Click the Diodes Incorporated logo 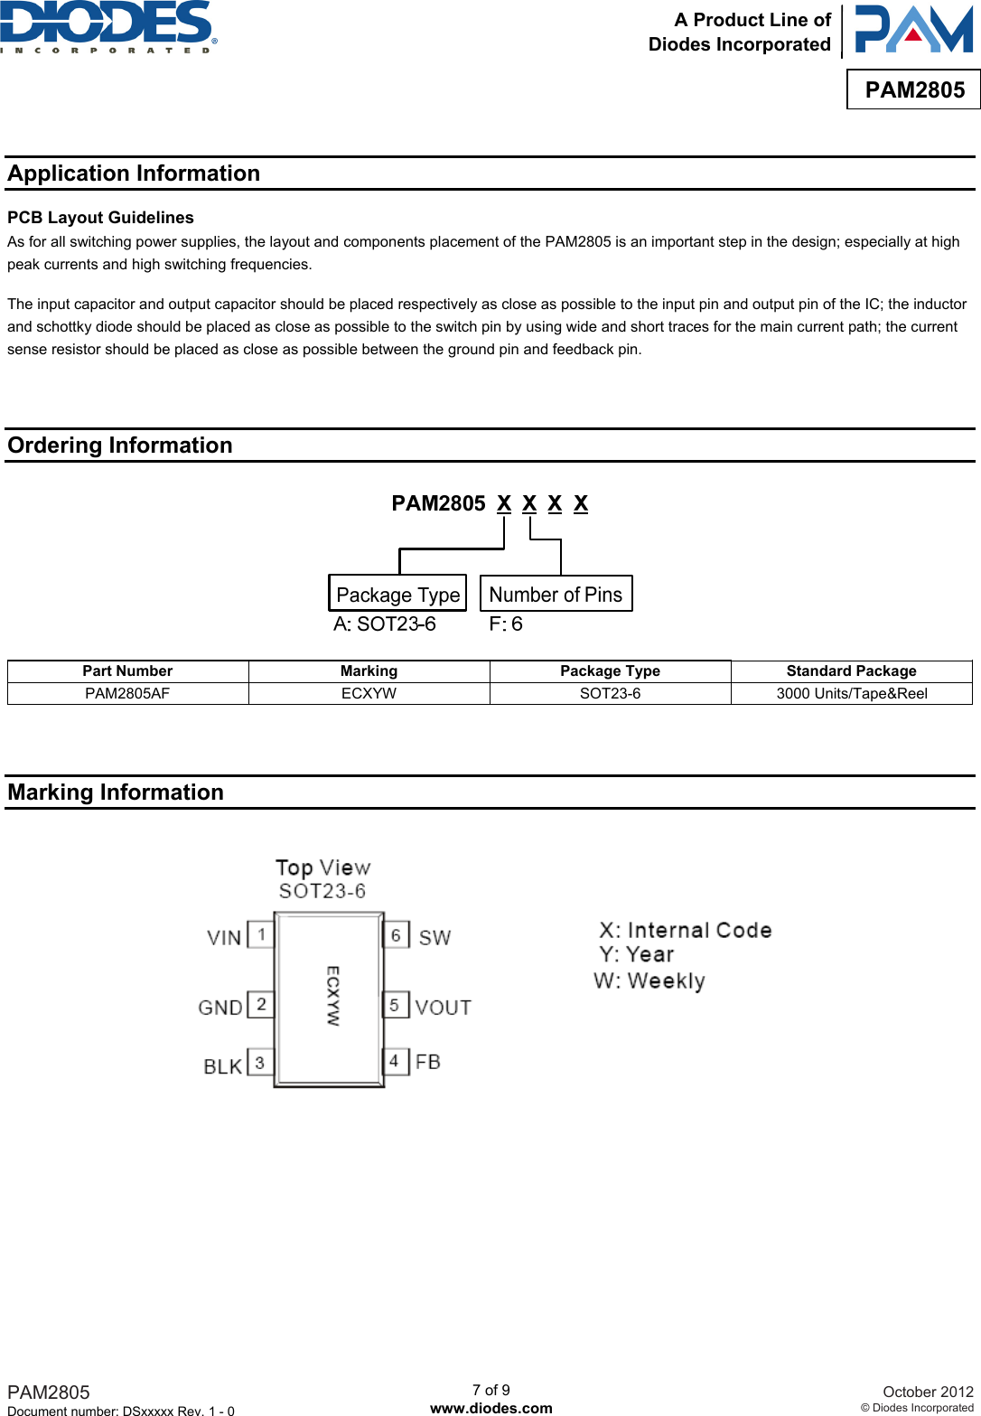(x=108, y=26)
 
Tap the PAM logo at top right (x=913, y=30)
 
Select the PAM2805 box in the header (x=914, y=89)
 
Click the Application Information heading (x=134, y=173)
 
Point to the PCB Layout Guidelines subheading (x=100, y=218)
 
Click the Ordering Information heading (x=120, y=445)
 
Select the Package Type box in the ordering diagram (x=397, y=594)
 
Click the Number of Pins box (x=556, y=594)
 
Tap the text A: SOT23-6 (x=384, y=624)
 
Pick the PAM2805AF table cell (x=127, y=693)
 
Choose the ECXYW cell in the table (x=369, y=693)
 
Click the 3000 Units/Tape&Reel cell (x=851, y=693)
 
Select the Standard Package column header (x=851, y=670)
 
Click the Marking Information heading (x=116, y=792)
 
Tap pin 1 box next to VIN (x=261, y=934)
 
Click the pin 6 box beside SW (x=396, y=935)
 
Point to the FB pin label (x=428, y=1062)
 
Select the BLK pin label (x=222, y=1066)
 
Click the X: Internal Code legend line (x=686, y=930)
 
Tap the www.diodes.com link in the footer (x=490, y=1408)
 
